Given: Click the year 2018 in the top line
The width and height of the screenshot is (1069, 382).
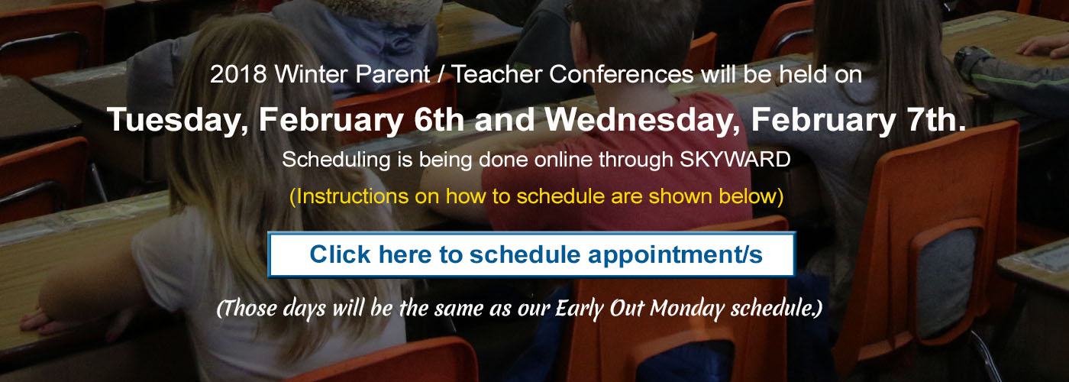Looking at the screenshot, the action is tap(238, 75).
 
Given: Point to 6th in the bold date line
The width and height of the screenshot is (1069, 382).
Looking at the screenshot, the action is tap(438, 119).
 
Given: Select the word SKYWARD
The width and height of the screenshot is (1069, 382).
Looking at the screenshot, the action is tap(735, 160).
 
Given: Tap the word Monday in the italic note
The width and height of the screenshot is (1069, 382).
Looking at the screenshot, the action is tap(688, 309).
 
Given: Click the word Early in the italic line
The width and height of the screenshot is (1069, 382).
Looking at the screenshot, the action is tap(580, 309).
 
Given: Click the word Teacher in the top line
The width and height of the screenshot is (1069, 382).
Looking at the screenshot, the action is tap(497, 75).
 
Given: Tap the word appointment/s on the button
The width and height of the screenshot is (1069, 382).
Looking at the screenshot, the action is tap(675, 255).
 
